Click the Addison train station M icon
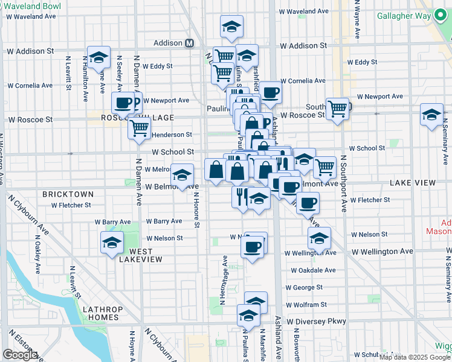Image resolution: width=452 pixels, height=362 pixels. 189,43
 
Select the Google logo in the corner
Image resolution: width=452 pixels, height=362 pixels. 20,355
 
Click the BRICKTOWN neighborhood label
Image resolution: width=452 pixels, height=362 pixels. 68,194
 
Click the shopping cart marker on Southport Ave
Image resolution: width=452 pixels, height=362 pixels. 337,109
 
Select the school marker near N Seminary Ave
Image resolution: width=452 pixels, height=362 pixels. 431,115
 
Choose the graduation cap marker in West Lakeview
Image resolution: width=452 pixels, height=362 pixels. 112,243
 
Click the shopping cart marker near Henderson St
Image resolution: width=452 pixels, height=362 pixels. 140,128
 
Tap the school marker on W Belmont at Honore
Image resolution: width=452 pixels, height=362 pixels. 182,175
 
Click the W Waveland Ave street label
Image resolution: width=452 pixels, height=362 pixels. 307,11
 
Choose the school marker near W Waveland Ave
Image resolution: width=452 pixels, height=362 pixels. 231,27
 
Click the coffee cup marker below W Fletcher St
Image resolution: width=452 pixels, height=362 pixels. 308,203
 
